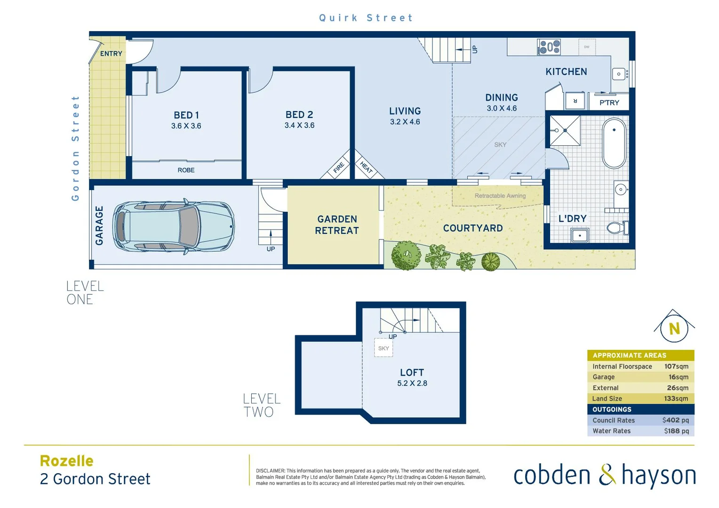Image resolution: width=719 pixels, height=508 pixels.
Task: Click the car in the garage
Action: coord(173,227)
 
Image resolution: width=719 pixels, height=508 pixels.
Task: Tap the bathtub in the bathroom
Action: coord(614,143)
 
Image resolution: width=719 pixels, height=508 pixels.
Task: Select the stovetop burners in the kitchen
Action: coord(549,47)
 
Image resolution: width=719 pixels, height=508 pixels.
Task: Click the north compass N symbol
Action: coord(674,328)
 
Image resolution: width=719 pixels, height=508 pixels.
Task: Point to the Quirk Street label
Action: coord(366,18)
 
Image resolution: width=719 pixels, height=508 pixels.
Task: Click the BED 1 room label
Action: coord(186,115)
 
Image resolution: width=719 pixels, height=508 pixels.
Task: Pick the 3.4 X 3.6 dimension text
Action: coord(299,126)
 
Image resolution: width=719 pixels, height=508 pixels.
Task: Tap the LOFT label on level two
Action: coord(412,373)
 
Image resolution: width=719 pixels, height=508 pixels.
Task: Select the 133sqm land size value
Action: coord(676,398)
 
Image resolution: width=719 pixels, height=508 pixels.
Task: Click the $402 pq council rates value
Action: coord(675,420)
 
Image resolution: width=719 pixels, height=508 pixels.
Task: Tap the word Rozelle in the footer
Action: coord(67,461)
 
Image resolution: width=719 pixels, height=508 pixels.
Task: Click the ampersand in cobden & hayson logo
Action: coord(607,475)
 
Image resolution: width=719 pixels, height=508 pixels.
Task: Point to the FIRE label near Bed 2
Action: coord(339,168)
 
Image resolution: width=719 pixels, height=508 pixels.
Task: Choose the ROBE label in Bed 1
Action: coord(186,170)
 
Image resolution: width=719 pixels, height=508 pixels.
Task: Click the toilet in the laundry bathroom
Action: coord(617,228)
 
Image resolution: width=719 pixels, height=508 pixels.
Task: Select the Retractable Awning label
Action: coord(500,196)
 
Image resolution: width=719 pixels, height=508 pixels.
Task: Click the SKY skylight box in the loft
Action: coord(383,348)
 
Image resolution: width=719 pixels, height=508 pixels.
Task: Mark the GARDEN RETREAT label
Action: coord(337,225)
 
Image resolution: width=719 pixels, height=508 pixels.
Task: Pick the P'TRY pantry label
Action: coord(609,103)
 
